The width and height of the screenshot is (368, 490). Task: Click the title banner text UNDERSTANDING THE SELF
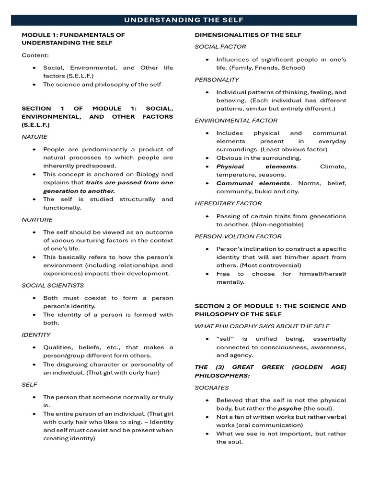click(x=184, y=20)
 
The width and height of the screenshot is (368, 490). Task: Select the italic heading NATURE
click(x=34, y=137)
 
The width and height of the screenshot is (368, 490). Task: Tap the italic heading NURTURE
click(x=37, y=220)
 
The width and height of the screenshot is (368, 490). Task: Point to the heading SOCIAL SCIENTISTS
click(x=53, y=285)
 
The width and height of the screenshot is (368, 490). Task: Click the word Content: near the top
click(x=35, y=56)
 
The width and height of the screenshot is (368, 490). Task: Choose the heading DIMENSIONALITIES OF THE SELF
click(x=248, y=35)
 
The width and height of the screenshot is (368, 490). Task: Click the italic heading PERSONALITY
click(x=217, y=79)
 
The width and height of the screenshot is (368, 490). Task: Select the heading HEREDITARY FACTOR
click(x=228, y=203)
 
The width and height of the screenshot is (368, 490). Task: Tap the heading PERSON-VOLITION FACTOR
click(x=238, y=236)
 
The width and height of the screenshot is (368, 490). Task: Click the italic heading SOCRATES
click(x=212, y=388)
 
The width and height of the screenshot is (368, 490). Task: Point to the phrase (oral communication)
click(x=271, y=425)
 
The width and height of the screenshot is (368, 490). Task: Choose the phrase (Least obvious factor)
click(x=293, y=150)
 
